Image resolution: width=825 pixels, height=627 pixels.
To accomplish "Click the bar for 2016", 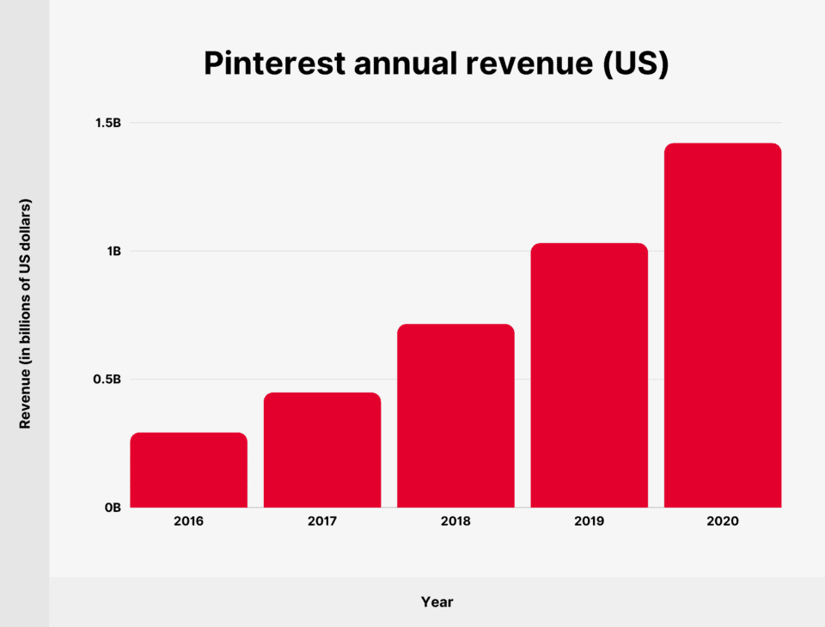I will coord(189,470).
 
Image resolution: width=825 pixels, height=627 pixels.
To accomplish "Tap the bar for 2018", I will coord(455,416).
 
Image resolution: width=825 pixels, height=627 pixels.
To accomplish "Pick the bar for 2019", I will coord(589,375).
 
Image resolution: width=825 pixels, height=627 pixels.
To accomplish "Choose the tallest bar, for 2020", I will coord(723,326).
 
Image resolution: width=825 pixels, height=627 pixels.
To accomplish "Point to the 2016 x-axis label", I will coord(189,521).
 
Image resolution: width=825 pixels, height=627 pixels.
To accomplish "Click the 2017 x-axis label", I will coord(322,521).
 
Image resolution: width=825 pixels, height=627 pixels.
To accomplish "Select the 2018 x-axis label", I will coord(455,521).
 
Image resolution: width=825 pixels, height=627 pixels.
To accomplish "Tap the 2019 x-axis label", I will coord(589,521).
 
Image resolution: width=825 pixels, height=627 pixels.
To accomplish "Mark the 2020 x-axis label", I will coord(723,521).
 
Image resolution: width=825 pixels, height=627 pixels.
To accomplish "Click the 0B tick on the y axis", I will coord(113,507).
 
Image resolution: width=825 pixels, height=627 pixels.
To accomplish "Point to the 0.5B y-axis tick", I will coord(107,379).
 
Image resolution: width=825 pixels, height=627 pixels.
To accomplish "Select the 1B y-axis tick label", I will coord(113,251).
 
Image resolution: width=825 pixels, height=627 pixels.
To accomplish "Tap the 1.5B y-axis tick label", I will coord(107,123).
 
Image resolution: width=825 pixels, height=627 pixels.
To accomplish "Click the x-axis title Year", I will coord(437,602).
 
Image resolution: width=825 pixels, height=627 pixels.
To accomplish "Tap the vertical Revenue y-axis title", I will coord(25,315).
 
